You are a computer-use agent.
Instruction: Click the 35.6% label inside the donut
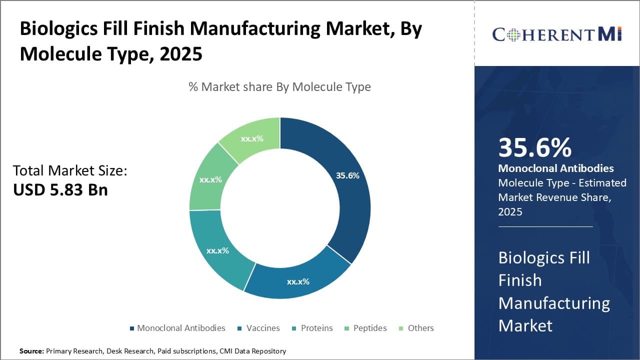(347, 175)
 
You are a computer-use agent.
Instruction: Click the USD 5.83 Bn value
(60, 190)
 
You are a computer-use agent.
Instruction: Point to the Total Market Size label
(70, 170)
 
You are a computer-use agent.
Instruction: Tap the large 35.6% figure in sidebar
(534, 148)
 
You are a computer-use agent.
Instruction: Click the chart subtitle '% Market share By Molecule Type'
(279, 87)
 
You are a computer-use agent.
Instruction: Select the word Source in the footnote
(31, 351)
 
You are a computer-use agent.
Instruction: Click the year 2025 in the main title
(180, 53)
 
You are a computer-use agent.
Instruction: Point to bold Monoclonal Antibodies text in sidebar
(556, 168)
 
